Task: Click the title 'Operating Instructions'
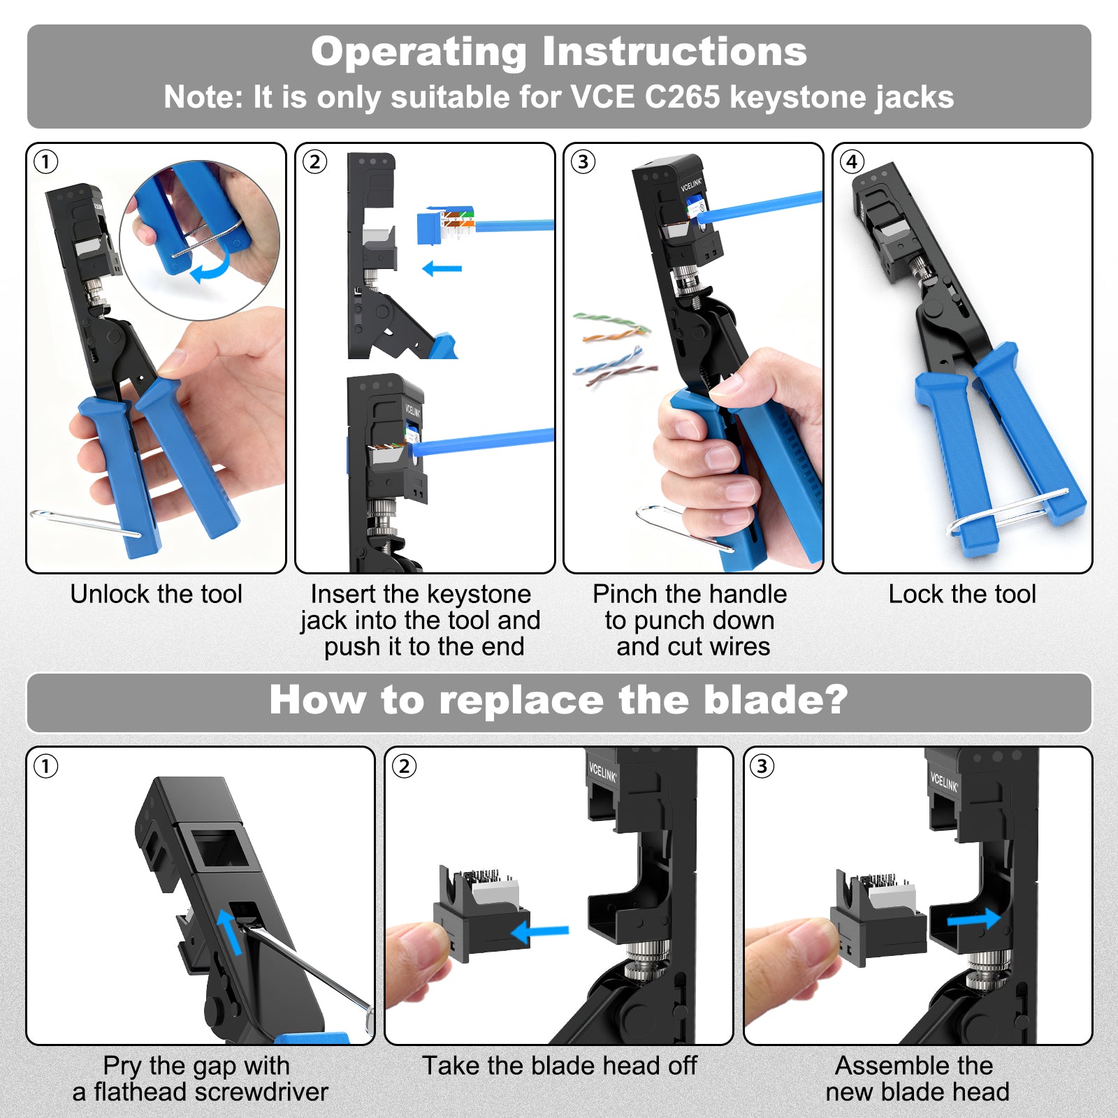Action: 559,52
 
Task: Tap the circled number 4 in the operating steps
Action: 851,162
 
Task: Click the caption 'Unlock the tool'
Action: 156,594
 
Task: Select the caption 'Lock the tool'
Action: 962,594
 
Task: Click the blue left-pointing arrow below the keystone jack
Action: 442,268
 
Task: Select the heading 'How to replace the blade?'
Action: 559,700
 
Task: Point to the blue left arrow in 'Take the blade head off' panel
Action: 539,931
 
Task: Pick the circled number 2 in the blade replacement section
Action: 404,767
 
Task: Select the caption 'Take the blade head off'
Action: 559,1066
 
